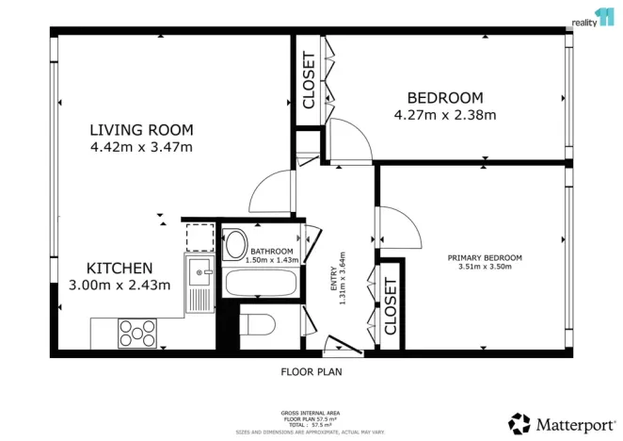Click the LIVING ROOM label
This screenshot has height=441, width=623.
click(141, 130)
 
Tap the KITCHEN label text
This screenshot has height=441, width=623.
click(120, 268)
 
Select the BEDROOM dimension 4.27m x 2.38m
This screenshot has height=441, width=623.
click(444, 115)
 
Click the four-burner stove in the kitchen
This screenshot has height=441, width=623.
click(137, 333)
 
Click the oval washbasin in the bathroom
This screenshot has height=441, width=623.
click(235, 244)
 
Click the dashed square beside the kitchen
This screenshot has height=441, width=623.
click(200, 237)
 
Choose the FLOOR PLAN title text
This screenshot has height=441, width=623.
click(311, 371)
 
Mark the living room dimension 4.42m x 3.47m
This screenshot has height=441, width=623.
click(141, 147)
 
